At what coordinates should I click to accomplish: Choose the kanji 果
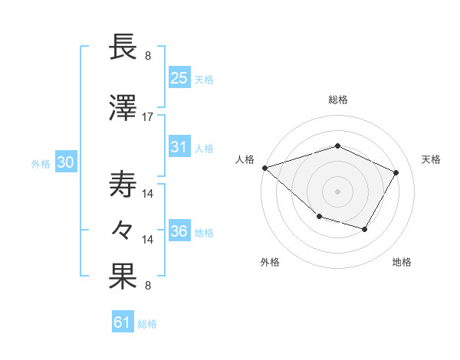[123, 277]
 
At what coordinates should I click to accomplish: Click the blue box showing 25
[179, 78]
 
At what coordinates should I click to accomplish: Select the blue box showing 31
[179, 147]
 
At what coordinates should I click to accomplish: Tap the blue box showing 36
[179, 232]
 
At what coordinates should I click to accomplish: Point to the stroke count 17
[148, 116]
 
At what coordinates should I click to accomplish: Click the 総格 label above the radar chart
[337, 100]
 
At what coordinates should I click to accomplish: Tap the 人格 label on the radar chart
[245, 159]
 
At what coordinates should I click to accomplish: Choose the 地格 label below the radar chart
[402, 262]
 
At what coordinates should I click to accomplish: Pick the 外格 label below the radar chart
[270, 262]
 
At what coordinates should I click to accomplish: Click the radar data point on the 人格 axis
[264, 168]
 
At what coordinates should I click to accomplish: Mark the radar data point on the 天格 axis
[396, 172]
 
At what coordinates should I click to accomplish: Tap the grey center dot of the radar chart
[337, 191]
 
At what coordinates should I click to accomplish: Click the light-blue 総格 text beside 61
[147, 324]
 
